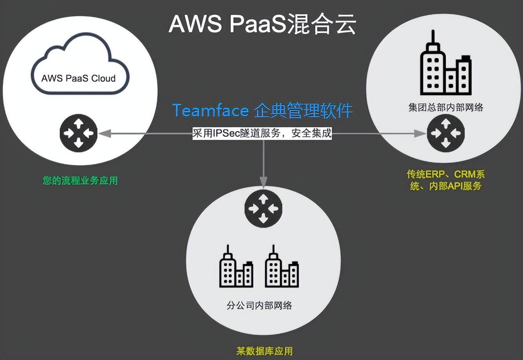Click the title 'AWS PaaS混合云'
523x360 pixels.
[x=262, y=24]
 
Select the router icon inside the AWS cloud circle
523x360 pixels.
[x=79, y=133]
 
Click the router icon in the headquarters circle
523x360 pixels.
[x=446, y=134]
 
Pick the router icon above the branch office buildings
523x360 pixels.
[x=263, y=208]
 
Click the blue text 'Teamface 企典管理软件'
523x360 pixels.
[x=262, y=110]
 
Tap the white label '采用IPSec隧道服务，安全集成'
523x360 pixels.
[x=262, y=133]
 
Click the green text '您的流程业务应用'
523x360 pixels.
[x=80, y=181]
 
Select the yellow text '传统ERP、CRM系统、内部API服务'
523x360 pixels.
[x=446, y=180]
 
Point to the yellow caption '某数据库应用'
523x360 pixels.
[x=264, y=351]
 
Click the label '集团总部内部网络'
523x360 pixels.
[x=446, y=107]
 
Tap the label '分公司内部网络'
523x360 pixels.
[x=260, y=305]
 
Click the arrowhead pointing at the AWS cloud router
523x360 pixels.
[x=103, y=134]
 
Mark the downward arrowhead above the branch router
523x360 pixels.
[x=263, y=181]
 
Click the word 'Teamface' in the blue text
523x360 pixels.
[x=210, y=111]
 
